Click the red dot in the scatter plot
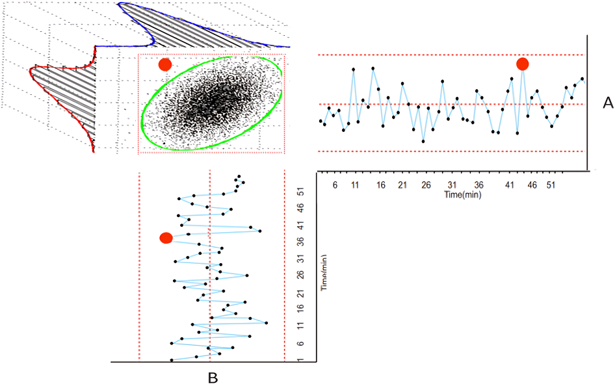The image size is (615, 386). coord(165,64)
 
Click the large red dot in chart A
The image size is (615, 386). coord(522,64)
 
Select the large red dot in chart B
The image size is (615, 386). coord(166,238)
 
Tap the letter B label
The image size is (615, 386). coord(212,376)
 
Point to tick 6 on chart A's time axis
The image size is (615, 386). coord(335,185)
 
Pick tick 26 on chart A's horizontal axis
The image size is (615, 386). coord(426,185)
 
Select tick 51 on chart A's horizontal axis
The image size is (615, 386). coord(551,185)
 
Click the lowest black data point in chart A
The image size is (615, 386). coord(423,141)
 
